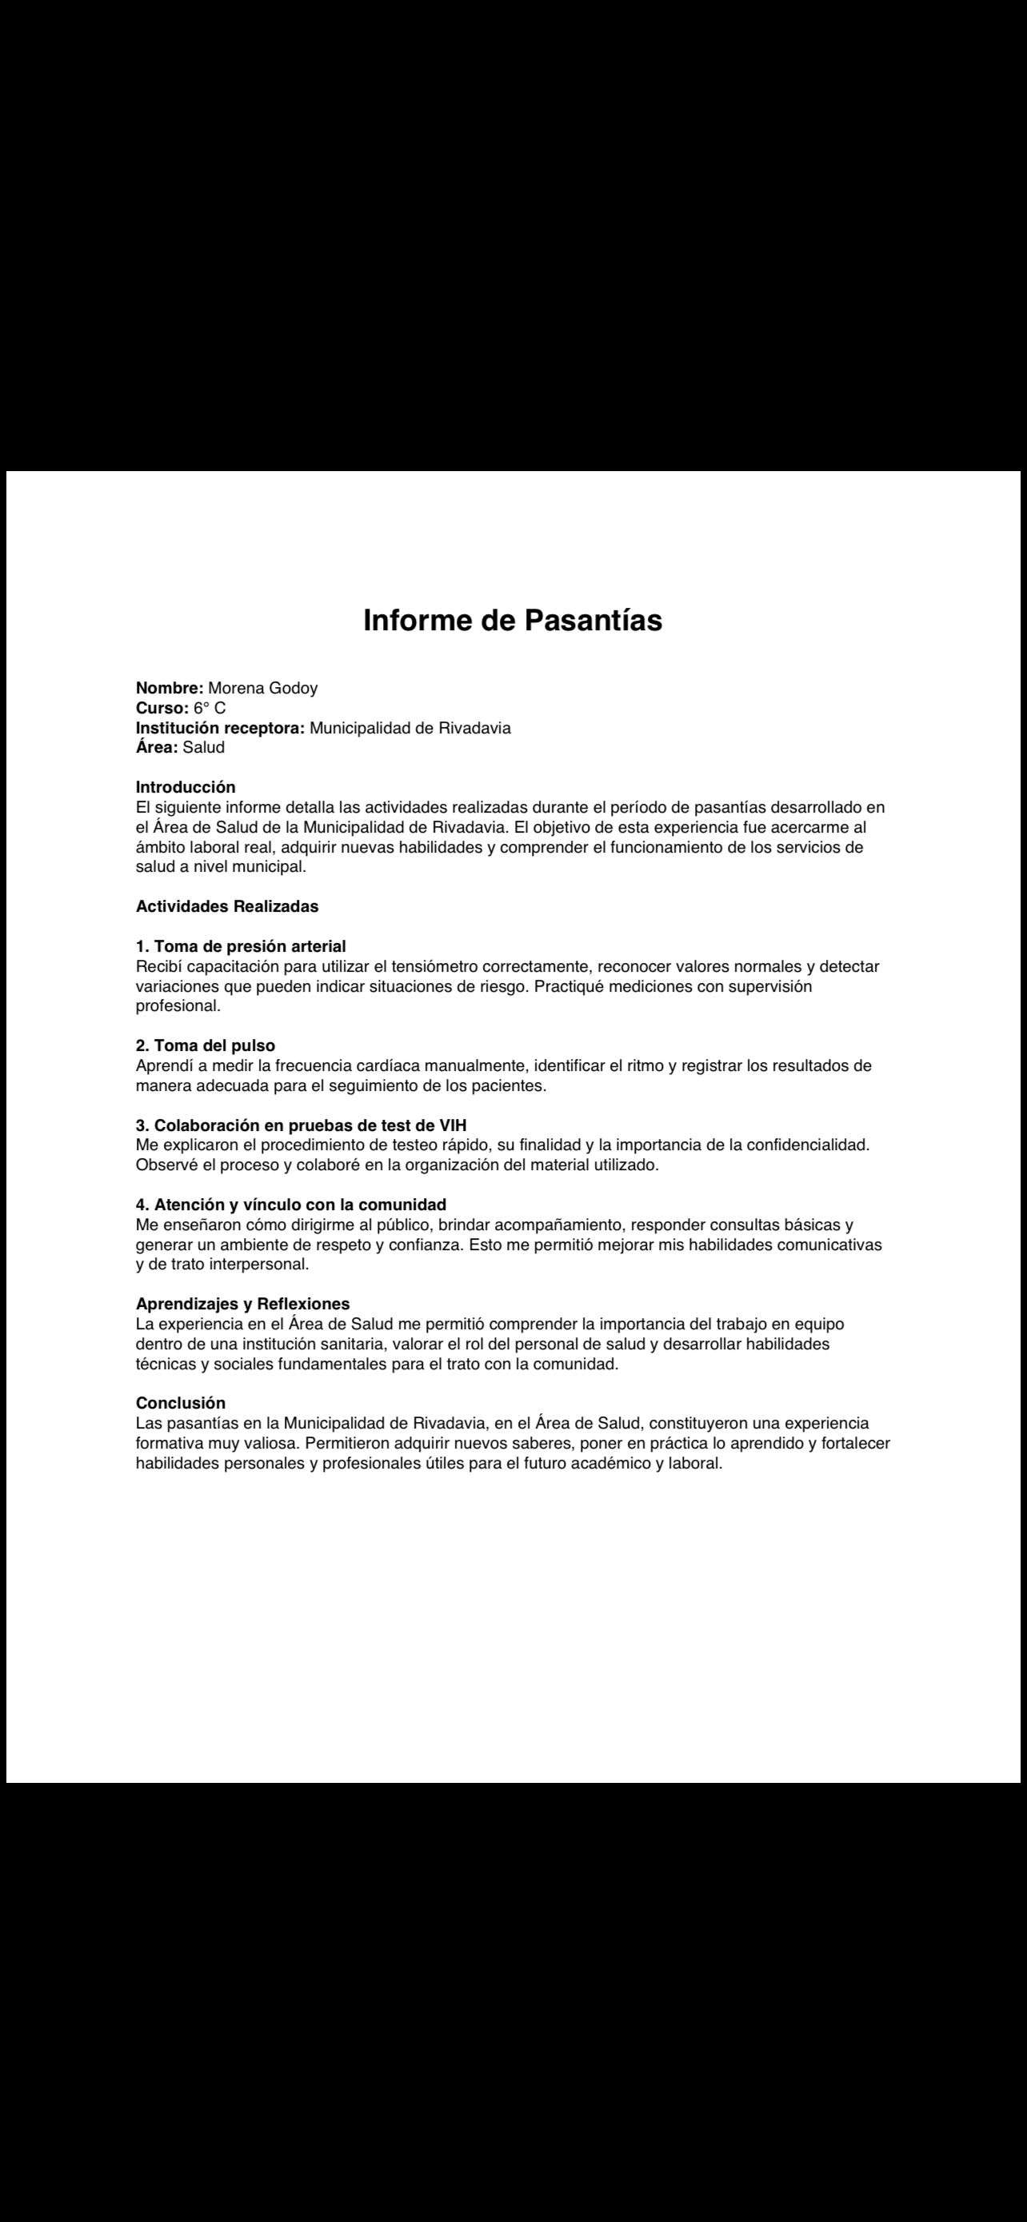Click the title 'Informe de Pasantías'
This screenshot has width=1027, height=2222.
(512, 621)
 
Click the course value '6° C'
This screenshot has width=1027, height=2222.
(210, 708)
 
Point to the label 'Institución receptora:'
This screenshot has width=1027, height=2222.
(221, 728)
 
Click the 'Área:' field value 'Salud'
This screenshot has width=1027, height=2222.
(203, 748)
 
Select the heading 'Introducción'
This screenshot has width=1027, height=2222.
(186, 788)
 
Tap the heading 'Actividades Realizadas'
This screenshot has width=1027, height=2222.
(227, 906)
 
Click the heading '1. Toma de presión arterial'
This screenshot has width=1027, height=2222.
(241, 946)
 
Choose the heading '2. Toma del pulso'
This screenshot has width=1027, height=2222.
(206, 1046)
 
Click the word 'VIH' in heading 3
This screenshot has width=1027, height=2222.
(453, 1125)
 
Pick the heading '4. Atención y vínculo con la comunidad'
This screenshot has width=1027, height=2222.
(290, 1205)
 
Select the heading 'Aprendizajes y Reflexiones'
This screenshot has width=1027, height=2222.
(242, 1305)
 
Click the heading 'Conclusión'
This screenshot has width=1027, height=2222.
(180, 1404)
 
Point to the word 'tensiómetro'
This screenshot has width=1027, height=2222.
(434, 967)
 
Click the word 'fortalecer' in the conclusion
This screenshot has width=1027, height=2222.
(852, 1444)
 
